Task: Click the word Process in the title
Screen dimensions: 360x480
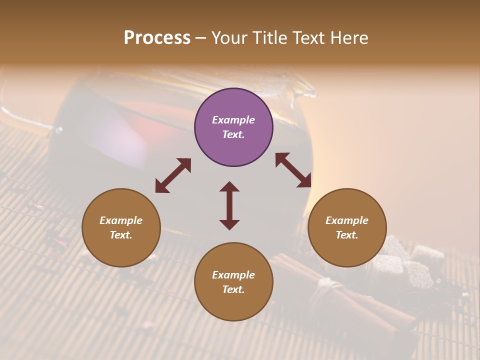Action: pos(157,38)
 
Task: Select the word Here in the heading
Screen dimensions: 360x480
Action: pos(348,38)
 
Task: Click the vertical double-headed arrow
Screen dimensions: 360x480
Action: pos(229,205)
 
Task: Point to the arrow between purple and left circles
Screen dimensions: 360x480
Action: pos(173,175)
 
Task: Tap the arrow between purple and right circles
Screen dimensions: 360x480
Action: pos(293,170)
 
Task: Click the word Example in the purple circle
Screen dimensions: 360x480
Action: pos(233,120)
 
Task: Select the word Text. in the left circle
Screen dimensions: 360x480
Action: pos(121,235)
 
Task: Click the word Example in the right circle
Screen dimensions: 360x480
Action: pos(347,220)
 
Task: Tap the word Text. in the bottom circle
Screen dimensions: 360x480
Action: pos(233,289)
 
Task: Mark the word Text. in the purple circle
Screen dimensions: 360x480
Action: pos(233,134)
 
